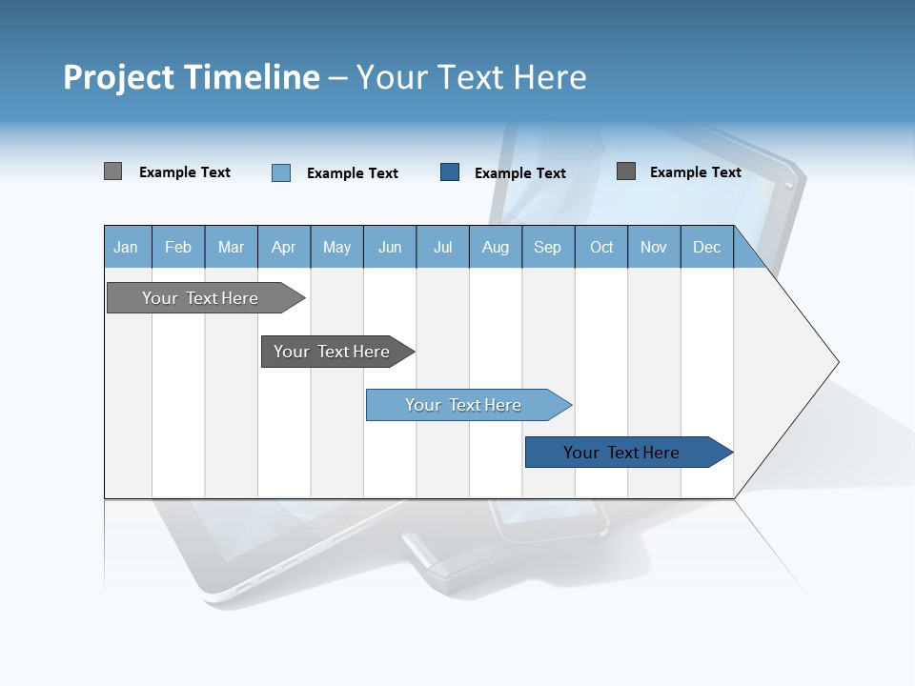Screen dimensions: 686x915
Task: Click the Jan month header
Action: tap(126, 247)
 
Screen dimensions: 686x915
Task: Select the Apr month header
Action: tap(283, 247)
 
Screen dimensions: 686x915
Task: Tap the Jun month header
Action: tap(390, 247)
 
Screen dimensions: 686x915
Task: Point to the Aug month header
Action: tap(495, 247)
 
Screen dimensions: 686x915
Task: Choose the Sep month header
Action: tap(547, 247)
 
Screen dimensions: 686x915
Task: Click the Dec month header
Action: tap(706, 247)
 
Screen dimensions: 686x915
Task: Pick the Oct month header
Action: tap(601, 247)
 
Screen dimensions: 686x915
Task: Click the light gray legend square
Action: tap(112, 171)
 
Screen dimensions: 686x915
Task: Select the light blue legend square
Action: tap(281, 172)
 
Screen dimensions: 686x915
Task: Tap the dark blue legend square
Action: tap(450, 171)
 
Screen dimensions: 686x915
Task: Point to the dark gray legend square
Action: tap(626, 171)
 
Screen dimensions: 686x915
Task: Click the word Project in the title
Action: tap(118, 77)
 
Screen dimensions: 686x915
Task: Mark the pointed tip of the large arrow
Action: tap(837, 362)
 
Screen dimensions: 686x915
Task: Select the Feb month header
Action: tap(178, 247)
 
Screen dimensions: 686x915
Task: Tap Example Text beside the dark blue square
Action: tap(519, 173)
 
